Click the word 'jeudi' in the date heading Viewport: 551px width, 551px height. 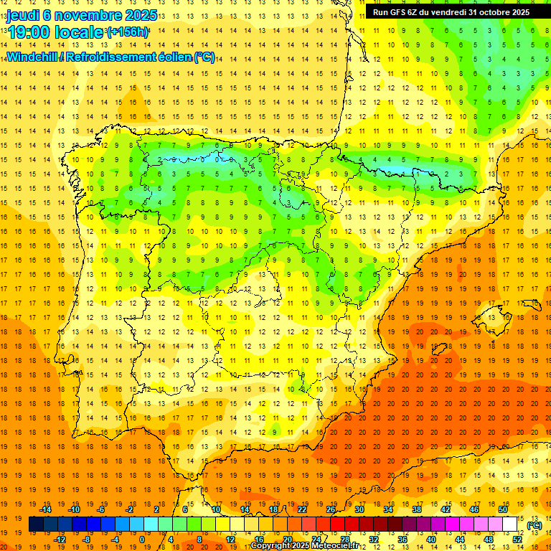[23, 14]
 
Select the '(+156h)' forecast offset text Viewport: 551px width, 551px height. [128, 32]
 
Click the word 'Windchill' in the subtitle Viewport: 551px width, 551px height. [31, 57]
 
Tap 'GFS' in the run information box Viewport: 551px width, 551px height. [400, 11]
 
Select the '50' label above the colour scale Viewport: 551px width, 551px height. [503, 509]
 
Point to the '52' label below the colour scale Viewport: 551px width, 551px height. [517, 540]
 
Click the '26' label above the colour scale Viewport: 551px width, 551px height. [331, 509]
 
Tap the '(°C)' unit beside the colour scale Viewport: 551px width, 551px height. [534, 525]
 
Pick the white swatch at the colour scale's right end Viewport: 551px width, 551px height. [510, 524]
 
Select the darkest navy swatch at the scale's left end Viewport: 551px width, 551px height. [37, 524]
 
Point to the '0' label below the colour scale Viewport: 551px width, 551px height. [143, 540]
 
